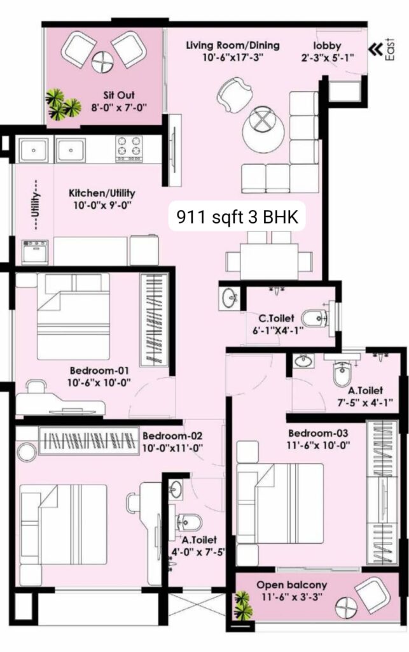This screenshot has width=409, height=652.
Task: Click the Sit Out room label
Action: tap(119, 96)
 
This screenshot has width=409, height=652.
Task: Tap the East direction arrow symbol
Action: tap(375, 50)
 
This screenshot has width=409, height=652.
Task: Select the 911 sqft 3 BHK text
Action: tap(237, 216)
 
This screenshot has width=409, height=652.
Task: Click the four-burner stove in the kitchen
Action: tap(128, 148)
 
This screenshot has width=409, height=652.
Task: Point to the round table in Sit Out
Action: tap(102, 62)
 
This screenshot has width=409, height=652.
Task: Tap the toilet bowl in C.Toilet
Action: tap(314, 319)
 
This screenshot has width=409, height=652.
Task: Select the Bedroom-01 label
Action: tap(99, 371)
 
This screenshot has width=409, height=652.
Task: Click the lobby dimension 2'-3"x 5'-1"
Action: tap(328, 58)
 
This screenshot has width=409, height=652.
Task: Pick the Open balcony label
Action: tap(291, 585)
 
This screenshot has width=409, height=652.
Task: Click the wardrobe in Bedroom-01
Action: tap(154, 320)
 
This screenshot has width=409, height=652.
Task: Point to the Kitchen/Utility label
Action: tap(102, 193)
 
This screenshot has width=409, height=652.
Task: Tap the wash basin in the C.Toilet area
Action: tap(230, 298)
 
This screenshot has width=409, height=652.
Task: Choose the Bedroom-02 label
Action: tap(172, 436)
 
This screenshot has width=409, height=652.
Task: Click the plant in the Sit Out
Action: tap(62, 104)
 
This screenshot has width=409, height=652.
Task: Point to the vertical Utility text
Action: tap(38, 204)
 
